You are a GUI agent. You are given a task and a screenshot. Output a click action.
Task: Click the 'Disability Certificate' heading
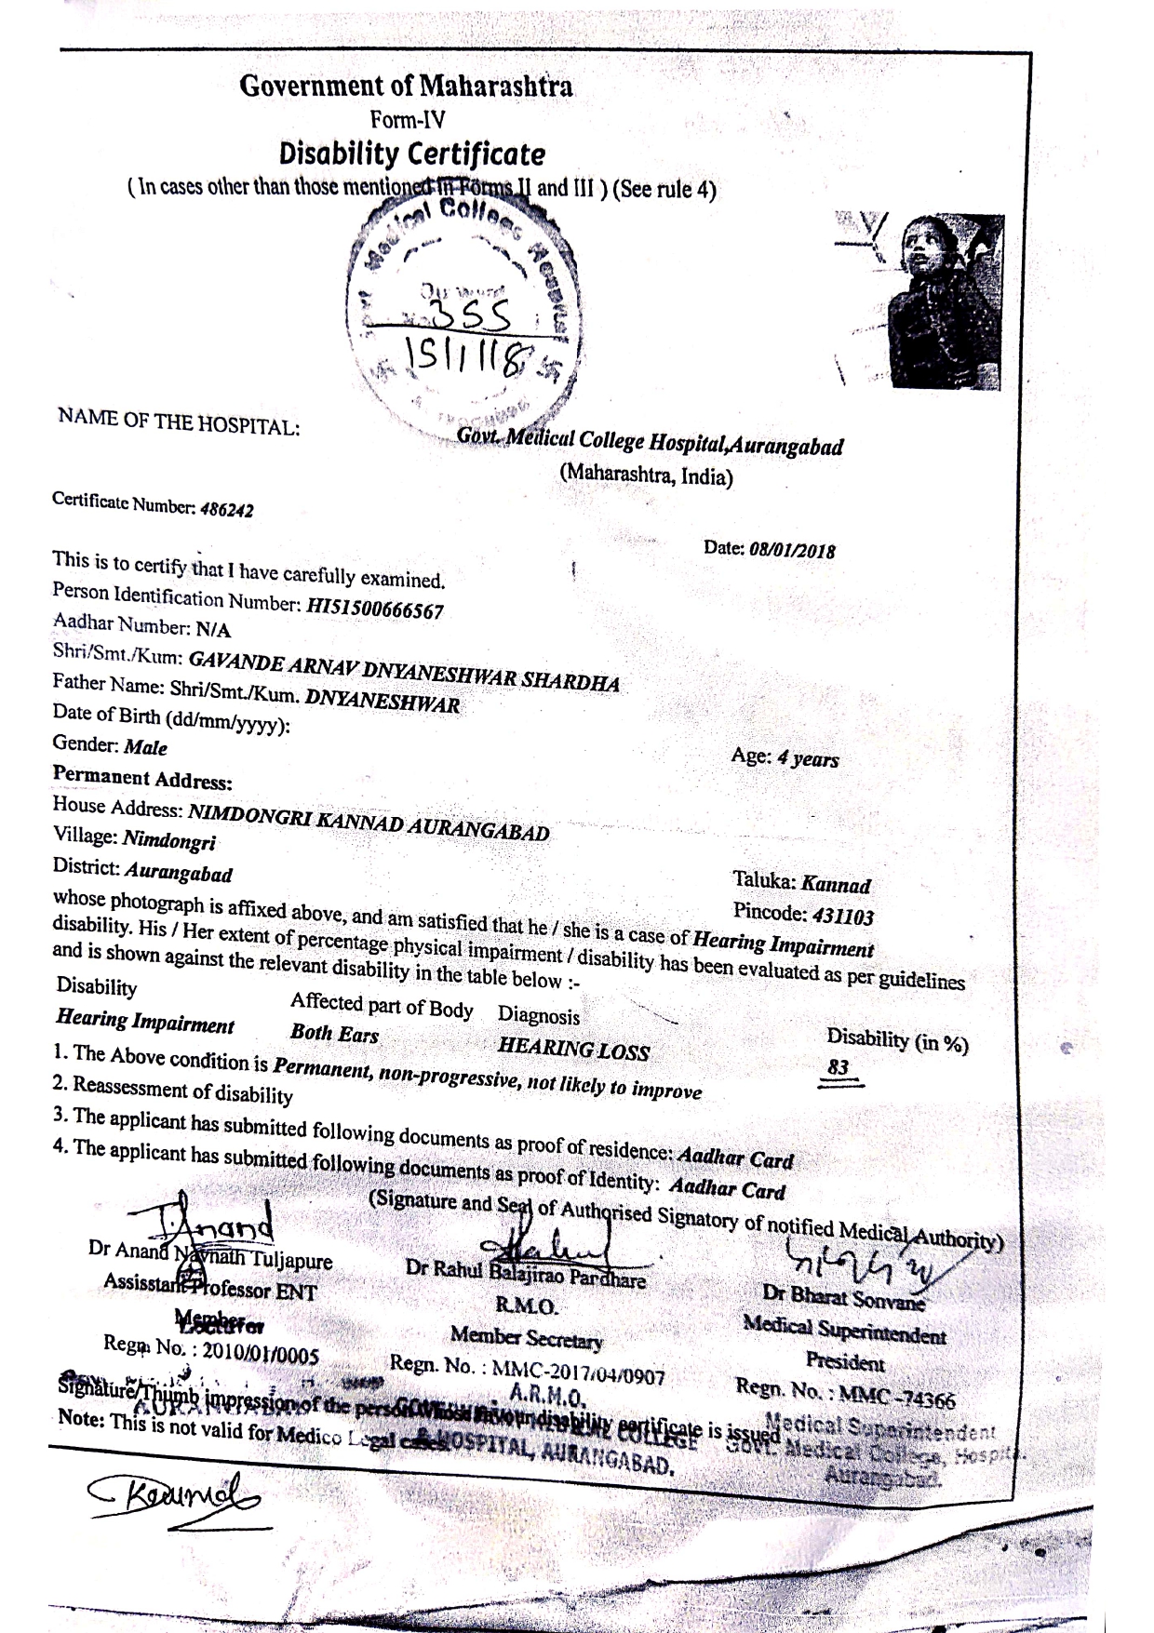[x=412, y=154]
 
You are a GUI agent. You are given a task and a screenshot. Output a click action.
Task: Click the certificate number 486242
[x=227, y=510]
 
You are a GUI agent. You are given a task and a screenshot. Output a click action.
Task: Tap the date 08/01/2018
[x=792, y=550]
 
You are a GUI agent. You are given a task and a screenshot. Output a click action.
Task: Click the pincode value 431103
[x=842, y=917]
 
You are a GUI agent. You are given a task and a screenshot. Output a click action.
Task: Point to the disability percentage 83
[x=839, y=1067]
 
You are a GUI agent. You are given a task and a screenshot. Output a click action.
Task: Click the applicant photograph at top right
[x=945, y=301]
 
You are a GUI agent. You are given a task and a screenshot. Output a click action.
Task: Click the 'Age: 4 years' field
[x=785, y=758]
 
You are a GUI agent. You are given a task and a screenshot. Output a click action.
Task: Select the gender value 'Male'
[x=146, y=747]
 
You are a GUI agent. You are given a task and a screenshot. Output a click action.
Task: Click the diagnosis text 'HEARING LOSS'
[x=573, y=1049]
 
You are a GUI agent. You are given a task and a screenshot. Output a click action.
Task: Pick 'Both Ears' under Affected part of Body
[x=334, y=1034]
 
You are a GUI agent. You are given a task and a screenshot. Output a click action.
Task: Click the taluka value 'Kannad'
[x=836, y=884]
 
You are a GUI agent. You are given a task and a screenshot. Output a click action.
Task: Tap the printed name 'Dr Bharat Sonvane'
[x=844, y=1297]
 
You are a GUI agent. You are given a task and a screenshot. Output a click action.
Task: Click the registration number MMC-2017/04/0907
[x=578, y=1372]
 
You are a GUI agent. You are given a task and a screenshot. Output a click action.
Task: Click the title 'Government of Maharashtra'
[x=406, y=87]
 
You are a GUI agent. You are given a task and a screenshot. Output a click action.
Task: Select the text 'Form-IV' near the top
[x=408, y=120]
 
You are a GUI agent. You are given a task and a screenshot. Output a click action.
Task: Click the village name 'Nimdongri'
[x=169, y=841]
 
